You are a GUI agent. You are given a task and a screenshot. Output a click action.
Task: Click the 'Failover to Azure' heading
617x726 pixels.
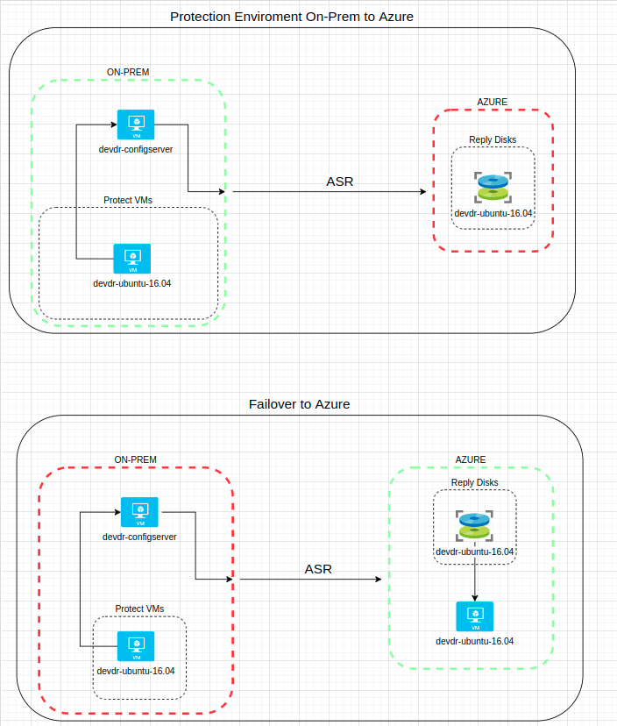(299, 404)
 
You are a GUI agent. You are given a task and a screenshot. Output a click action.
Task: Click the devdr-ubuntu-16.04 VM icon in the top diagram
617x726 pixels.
(132, 259)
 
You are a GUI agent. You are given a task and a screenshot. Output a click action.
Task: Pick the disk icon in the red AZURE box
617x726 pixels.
(493, 189)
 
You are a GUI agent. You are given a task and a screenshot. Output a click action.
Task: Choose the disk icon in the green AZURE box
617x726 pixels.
(474, 526)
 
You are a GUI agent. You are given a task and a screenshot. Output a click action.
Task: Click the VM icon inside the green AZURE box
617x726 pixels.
(474, 617)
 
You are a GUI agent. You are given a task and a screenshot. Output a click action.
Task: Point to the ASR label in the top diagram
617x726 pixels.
(340, 181)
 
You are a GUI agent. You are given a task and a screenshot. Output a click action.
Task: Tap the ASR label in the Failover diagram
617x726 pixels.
(318, 569)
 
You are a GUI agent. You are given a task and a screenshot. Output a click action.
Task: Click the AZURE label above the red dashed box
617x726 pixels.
(492, 102)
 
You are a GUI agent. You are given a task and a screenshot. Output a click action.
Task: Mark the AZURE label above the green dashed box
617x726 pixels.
(471, 459)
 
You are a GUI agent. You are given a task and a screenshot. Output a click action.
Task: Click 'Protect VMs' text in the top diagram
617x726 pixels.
(128, 200)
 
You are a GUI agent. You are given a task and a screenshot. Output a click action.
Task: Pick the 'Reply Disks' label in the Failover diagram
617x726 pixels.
(474, 482)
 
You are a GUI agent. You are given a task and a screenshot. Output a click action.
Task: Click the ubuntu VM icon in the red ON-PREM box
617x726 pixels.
(136, 646)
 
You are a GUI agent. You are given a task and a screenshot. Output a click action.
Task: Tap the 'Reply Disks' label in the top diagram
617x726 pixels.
(493, 139)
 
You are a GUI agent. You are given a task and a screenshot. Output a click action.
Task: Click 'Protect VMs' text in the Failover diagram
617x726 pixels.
(139, 609)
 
